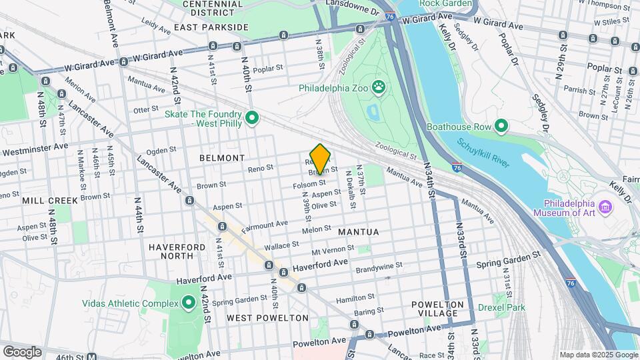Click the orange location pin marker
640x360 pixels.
click(320, 159)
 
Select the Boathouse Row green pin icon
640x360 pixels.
click(501, 126)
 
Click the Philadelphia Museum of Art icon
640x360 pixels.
click(605, 207)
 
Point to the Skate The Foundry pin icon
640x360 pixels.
click(252, 118)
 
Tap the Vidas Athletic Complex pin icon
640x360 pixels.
click(188, 303)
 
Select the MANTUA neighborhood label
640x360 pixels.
click(358, 232)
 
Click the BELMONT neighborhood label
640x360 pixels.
click(222, 158)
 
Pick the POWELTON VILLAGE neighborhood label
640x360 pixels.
click(434, 308)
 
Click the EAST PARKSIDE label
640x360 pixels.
click(211, 27)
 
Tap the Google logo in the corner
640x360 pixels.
click(22, 351)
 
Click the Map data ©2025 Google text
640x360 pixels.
click(598, 355)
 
